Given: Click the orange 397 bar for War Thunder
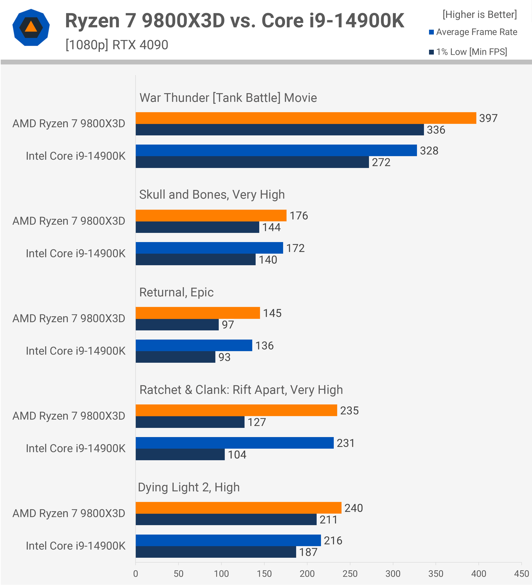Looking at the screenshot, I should click(306, 118).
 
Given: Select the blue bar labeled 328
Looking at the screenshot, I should click(276, 150).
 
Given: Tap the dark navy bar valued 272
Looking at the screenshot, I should click(252, 162).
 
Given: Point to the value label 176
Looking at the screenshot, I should click(299, 216).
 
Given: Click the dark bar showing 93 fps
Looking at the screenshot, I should click(175, 357).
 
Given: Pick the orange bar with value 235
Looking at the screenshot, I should click(236, 410).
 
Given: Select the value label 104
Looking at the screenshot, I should click(237, 455).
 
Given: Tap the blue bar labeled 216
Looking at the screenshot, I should click(228, 540).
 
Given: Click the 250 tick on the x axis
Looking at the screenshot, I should click(350, 574).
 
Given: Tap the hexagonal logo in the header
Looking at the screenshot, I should click(31, 28).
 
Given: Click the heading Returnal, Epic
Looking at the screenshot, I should click(176, 292).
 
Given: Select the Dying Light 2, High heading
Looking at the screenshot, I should click(189, 487).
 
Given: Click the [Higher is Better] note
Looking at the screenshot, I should click(479, 14).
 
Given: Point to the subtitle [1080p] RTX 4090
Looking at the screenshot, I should click(116, 45).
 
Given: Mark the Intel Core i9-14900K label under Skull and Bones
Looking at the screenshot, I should click(75, 254).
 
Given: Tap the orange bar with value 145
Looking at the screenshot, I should click(198, 313).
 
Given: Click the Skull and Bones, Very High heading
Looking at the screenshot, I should click(212, 195).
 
